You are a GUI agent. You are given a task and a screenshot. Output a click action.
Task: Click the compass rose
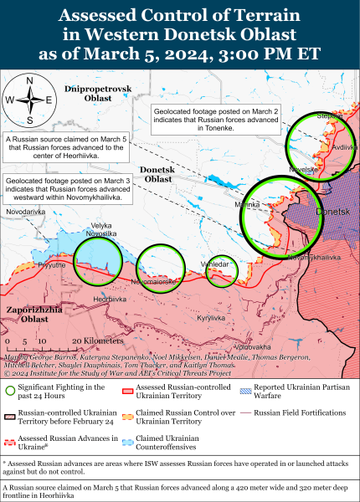[x=29, y=100]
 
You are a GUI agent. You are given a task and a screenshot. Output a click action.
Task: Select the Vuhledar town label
[x=222, y=261]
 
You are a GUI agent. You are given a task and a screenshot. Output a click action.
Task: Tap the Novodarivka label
[x=25, y=212]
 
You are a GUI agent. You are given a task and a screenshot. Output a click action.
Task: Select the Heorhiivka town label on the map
[x=110, y=299]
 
